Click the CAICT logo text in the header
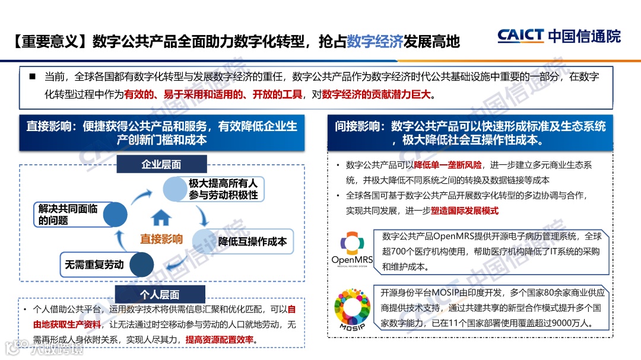tap(521, 36)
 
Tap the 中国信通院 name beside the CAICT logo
tap(585, 36)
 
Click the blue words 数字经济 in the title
tap(375, 42)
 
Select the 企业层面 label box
tap(161, 164)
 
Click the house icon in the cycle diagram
tap(161, 218)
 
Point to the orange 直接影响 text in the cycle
tap(161, 239)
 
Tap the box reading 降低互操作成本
tap(253, 241)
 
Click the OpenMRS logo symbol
tap(351, 244)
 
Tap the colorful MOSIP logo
tap(352, 307)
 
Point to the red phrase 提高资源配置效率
tap(220, 340)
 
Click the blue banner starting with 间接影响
tap(469, 133)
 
